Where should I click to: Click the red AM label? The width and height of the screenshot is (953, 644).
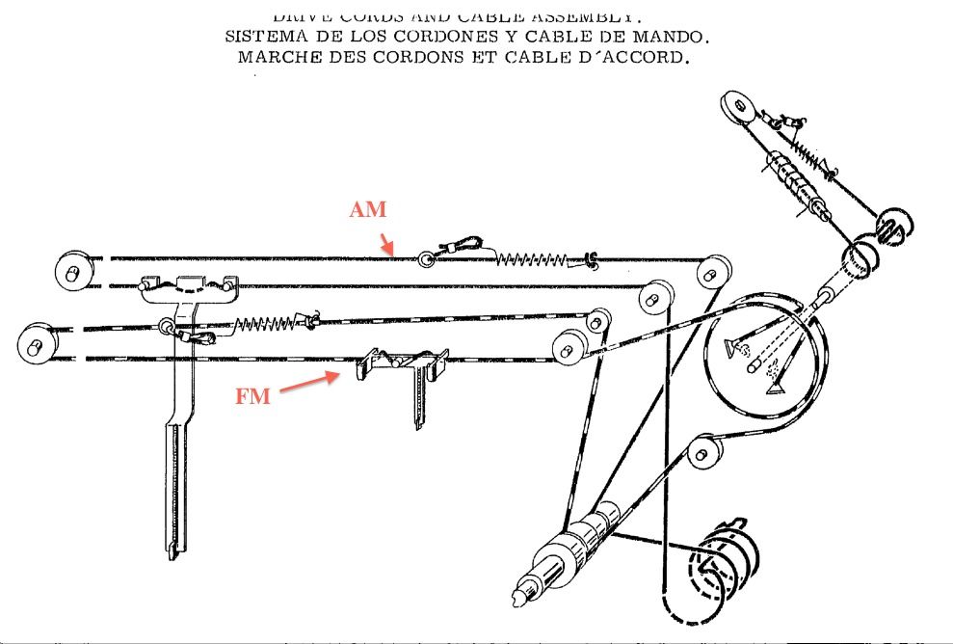pyautogui.click(x=368, y=210)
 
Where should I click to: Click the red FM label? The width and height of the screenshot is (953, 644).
pyautogui.click(x=253, y=395)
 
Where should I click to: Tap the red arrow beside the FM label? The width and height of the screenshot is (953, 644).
pyautogui.click(x=310, y=384)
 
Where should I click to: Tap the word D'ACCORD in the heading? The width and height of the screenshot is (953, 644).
pyautogui.click(x=643, y=57)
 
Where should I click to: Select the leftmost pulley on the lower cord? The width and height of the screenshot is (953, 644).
pyautogui.click(x=36, y=342)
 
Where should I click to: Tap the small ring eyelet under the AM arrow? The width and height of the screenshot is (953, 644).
pyautogui.click(x=426, y=257)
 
